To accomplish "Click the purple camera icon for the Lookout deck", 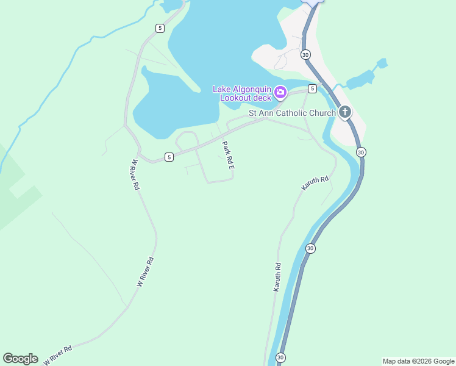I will (x=280, y=92).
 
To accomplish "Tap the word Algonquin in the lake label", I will (x=251, y=89).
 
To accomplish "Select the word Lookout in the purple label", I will (x=237, y=98).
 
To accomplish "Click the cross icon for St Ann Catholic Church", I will (x=345, y=112).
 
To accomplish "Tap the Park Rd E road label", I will (x=228, y=155).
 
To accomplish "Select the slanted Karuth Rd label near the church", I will (x=315, y=182).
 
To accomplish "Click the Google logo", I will (x=20, y=359).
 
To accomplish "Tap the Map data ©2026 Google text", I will (x=418, y=361).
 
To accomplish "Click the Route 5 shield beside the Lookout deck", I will (x=312, y=88).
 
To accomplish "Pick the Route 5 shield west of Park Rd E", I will (x=169, y=157).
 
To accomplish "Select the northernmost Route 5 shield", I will (x=159, y=28).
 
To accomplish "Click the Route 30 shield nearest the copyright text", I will (x=280, y=357).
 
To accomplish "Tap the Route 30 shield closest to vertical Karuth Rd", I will (x=310, y=248).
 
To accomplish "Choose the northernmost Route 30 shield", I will (x=305, y=54).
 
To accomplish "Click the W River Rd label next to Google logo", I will (x=57, y=355).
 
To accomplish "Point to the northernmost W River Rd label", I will (x=135, y=175).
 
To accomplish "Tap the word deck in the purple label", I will (x=261, y=98).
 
